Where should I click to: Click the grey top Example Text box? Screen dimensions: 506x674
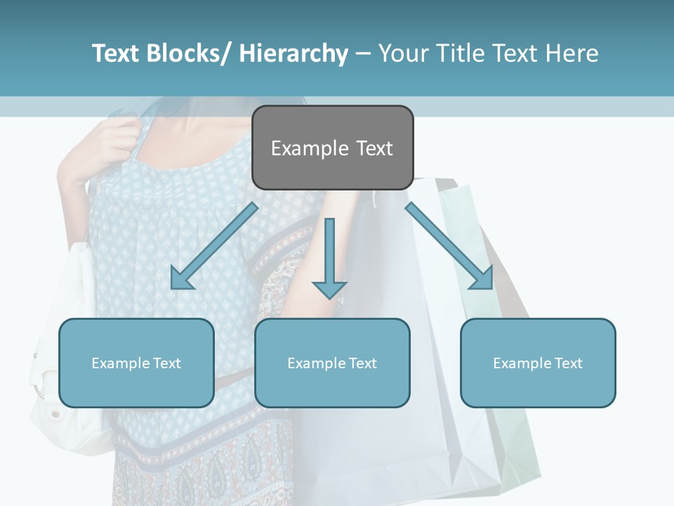click(332, 148)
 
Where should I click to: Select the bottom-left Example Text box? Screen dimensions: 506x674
click(136, 363)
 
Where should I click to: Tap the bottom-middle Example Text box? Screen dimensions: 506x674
click(332, 363)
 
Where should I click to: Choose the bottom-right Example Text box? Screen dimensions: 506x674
click(538, 363)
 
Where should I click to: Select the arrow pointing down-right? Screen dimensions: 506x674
click(450, 247)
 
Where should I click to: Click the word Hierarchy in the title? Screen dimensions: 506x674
click(293, 53)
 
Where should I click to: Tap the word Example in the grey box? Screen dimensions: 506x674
click(310, 148)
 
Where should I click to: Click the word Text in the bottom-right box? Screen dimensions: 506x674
click(567, 363)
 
